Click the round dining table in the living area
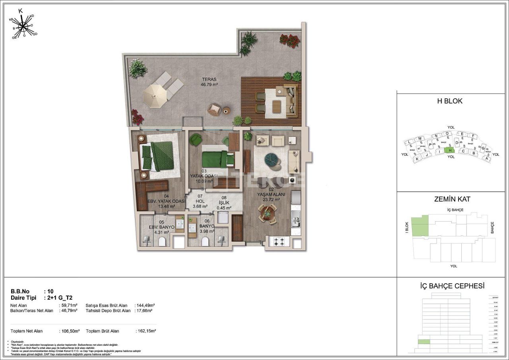pos(268,214)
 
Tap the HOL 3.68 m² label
pos(200,204)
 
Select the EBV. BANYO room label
pos(162,227)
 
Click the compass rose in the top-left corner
pos(24,27)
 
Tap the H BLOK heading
pos(450,101)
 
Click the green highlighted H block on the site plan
pos(449,150)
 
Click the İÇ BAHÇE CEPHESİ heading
pos(452,286)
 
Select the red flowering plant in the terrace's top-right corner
pos(290,40)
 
